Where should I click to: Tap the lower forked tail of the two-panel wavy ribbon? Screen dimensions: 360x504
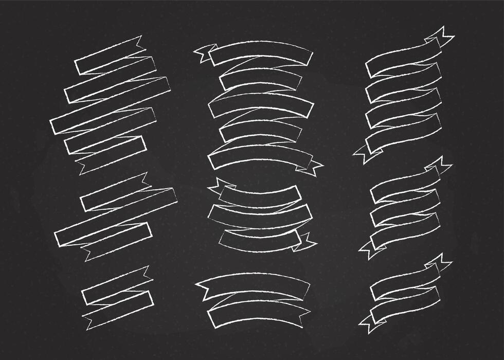pyautogui.click(x=368, y=324)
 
